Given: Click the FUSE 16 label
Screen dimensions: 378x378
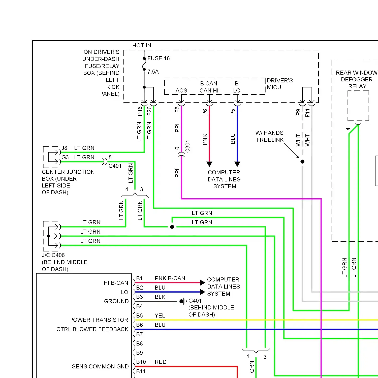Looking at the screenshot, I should click(159, 58).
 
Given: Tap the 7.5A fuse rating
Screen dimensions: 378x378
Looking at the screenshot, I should click(153, 72).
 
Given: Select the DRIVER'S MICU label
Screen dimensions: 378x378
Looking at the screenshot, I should click(280, 84).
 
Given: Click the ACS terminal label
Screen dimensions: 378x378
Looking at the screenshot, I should click(181, 90).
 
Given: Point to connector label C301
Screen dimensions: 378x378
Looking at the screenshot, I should click(187, 146).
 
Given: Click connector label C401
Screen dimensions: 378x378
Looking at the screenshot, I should click(115, 166).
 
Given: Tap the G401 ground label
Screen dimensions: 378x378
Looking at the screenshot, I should click(195, 301).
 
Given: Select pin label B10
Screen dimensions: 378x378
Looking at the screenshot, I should click(141, 362).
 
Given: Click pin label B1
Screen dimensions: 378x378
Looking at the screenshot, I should click(139, 278).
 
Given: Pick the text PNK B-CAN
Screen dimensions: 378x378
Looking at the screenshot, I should click(170, 278).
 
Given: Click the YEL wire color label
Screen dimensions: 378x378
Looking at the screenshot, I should click(160, 316).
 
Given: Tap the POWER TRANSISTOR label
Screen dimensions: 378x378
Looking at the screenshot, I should click(99, 320).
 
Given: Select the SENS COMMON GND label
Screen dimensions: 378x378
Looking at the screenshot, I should click(100, 367).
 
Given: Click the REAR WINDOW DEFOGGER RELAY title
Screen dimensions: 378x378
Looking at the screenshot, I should click(357, 79).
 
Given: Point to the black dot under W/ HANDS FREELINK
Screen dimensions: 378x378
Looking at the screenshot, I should click(302, 162).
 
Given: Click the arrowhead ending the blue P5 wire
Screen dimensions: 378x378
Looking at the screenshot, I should click(237, 164).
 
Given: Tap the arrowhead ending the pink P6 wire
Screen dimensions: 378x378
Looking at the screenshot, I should click(209, 164).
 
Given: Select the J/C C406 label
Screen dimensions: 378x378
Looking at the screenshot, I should click(53, 255).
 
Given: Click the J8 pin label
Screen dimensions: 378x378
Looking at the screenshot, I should click(65, 148).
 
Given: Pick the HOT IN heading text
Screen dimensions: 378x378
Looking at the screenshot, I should click(142, 46).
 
